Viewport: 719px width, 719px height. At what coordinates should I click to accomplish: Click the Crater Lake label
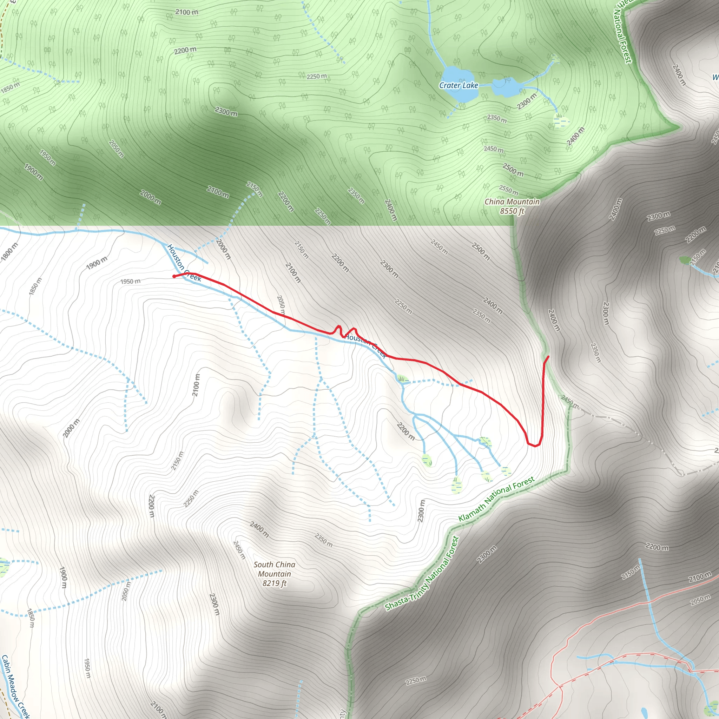point(459,85)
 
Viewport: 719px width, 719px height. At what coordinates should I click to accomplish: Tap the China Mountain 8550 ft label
point(512,206)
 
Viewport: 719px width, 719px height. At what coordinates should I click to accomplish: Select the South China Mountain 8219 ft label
point(275,574)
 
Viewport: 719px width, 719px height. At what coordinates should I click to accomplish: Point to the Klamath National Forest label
point(496,499)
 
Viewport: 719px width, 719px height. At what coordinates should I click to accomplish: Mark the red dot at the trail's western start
point(174,276)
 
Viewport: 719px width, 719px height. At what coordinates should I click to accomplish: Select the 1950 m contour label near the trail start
point(130,281)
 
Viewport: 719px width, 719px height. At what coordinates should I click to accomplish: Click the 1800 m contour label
point(9,252)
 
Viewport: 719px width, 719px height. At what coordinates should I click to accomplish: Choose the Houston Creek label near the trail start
point(184,263)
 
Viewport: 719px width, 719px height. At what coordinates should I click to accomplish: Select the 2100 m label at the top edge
point(187,12)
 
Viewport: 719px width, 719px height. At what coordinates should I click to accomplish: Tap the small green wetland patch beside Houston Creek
point(402,379)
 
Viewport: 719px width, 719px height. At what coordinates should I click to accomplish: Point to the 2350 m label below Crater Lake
point(497,119)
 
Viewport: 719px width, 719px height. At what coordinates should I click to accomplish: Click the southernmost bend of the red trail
point(535,446)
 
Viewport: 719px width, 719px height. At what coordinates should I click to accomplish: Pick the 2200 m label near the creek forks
point(405,431)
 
